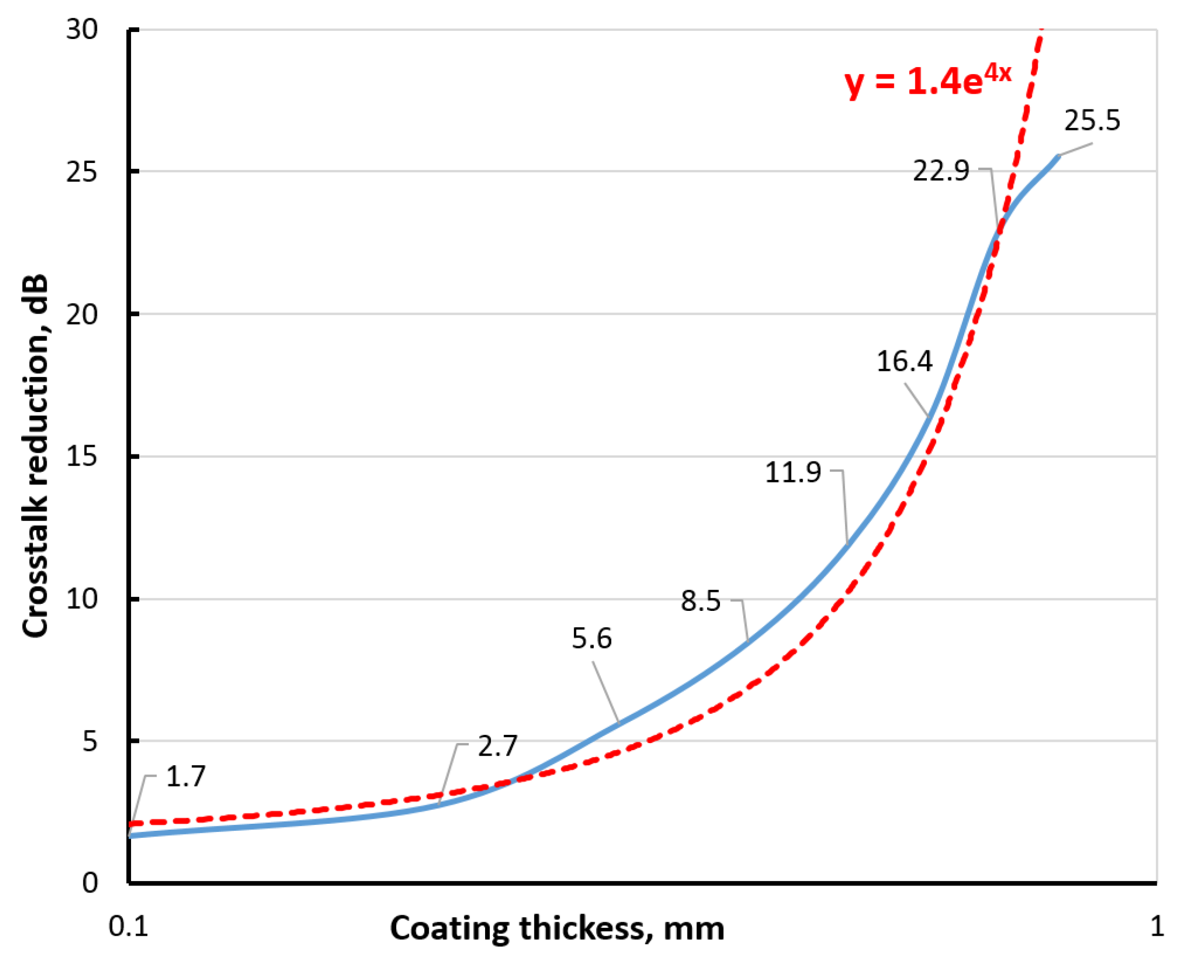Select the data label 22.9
tap(941, 171)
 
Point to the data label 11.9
tap(792, 472)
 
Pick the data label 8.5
tap(701, 601)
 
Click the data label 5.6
tap(592, 639)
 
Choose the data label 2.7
tap(498, 746)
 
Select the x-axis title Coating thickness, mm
tap(557, 928)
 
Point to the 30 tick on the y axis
tap(82, 29)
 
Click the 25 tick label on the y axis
tap(82, 172)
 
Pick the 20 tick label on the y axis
tap(82, 314)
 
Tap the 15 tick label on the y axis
tap(82, 457)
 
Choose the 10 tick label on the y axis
tap(82, 598)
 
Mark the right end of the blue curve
tap(1059, 157)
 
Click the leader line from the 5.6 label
tap(605, 692)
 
